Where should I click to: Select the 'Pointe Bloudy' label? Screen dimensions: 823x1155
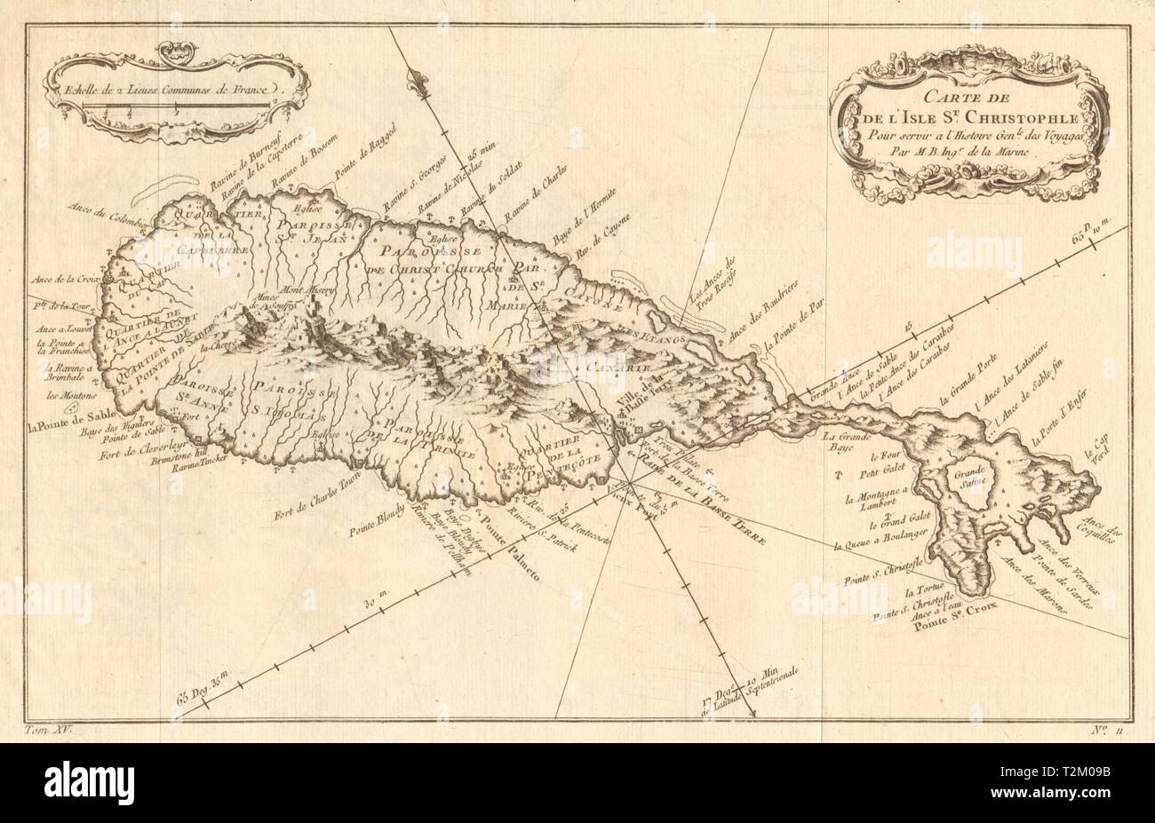pyautogui.click(x=378, y=518)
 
